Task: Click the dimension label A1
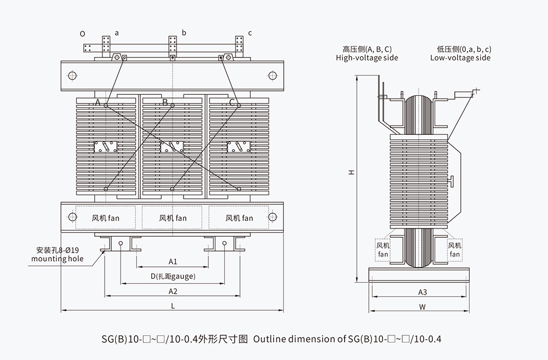coord(173,261)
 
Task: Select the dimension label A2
coord(173,291)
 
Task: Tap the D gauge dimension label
coord(173,276)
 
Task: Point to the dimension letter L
coord(173,306)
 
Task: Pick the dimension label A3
coord(423,292)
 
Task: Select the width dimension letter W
coord(423,307)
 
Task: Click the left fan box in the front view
coord(105,218)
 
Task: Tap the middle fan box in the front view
coord(173,218)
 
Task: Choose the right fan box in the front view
coord(239,218)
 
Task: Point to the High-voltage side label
coord(367,53)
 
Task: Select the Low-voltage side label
coord(460,53)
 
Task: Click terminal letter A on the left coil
coord(98,102)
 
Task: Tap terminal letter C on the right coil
coord(232,102)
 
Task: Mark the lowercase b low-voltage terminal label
coord(184,33)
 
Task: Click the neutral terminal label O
coord(82,33)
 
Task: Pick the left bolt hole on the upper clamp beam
coord(72,75)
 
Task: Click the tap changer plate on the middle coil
coord(172,147)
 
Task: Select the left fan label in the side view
coord(383,250)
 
